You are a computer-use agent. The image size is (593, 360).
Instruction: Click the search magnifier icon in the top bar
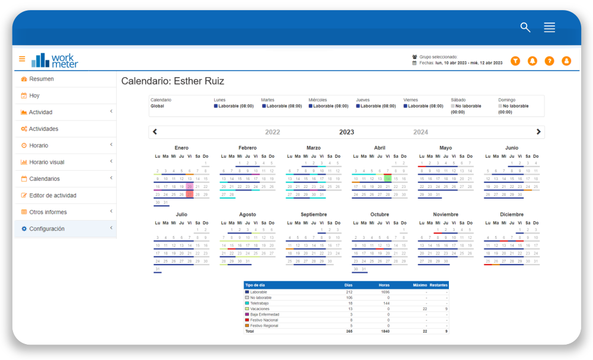click(525, 27)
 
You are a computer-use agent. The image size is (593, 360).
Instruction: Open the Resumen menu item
click(42, 79)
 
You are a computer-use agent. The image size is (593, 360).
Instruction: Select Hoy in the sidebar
click(34, 95)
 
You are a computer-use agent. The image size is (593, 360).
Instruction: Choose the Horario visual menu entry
click(47, 162)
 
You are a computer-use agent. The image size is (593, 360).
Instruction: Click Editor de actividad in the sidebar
click(53, 195)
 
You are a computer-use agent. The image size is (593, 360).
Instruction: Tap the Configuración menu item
click(47, 228)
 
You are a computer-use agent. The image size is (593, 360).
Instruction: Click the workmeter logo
click(55, 60)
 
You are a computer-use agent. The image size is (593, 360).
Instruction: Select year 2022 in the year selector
click(272, 132)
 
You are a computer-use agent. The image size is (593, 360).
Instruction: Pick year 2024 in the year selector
click(420, 132)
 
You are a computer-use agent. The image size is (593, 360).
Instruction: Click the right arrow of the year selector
click(538, 132)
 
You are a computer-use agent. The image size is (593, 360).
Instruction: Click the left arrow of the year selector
click(155, 132)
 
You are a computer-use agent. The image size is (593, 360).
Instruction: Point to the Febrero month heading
click(247, 148)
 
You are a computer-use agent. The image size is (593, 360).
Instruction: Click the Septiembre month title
click(314, 214)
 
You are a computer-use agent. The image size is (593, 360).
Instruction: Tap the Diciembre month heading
click(512, 214)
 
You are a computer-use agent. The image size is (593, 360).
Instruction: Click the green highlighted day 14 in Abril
click(387, 179)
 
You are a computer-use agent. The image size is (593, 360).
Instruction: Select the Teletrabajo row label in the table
click(260, 303)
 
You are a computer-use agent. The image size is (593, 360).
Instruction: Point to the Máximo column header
click(420, 285)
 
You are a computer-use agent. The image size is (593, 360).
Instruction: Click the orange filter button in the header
click(515, 60)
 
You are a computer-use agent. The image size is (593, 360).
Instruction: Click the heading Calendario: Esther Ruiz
click(173, 81)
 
